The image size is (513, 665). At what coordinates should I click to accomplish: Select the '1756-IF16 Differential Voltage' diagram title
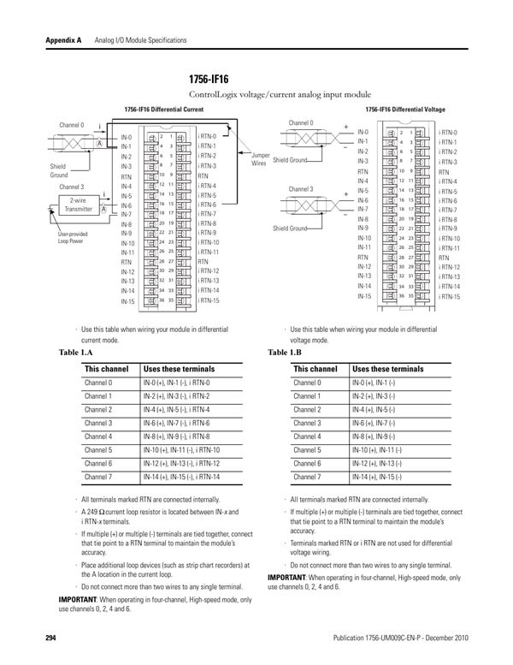404,110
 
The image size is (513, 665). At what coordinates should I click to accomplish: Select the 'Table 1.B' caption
285,353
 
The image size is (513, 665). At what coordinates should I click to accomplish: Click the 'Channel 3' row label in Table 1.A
98,423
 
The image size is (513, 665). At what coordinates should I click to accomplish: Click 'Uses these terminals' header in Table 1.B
386,369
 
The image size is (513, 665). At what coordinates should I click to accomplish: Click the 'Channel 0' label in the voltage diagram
301,122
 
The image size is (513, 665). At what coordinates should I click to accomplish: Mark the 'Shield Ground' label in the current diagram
58,170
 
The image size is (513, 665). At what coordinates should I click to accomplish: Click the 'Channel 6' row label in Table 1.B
307,463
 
